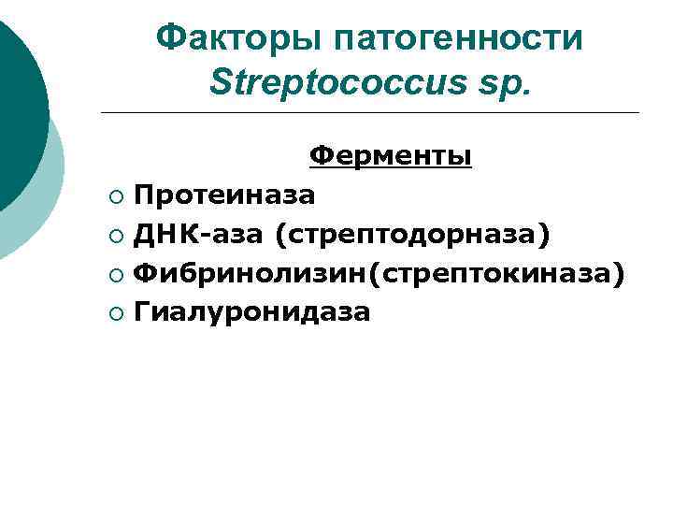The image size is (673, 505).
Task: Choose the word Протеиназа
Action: click(224, 195)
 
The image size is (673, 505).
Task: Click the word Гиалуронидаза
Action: click(252, 312)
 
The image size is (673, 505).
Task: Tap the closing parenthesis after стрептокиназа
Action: click(619, 273)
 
